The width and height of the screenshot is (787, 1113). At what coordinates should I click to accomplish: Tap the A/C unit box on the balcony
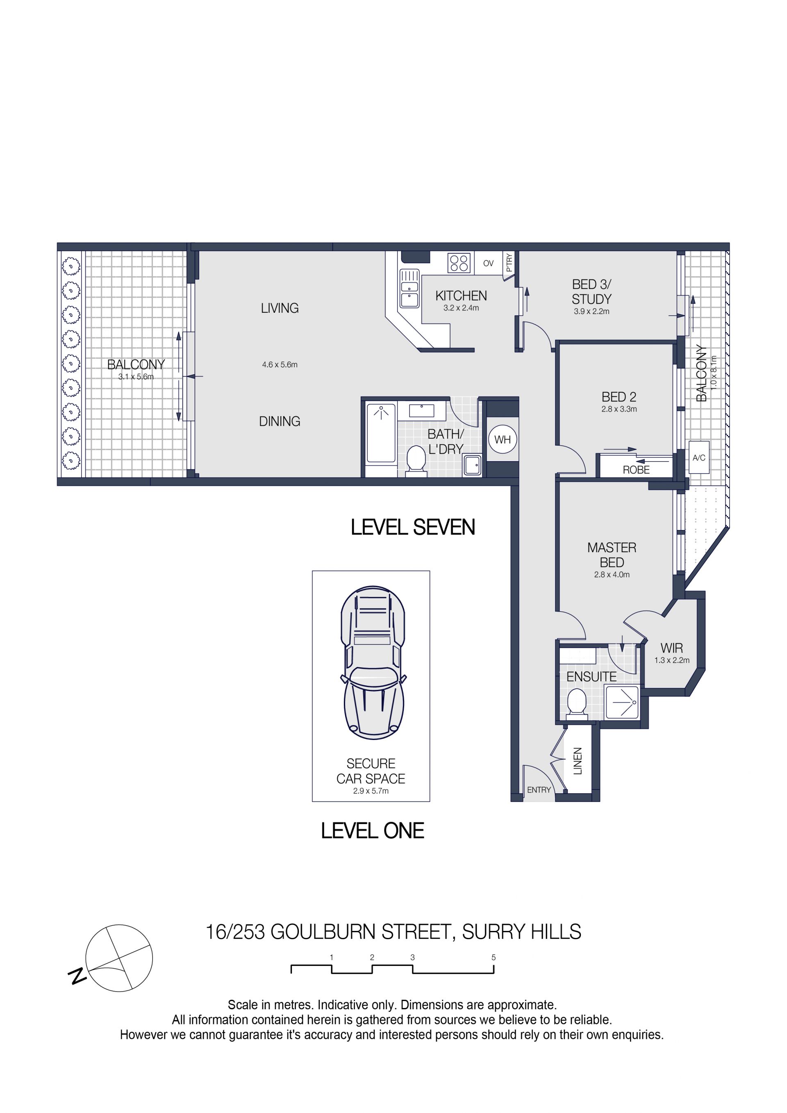(699, 457)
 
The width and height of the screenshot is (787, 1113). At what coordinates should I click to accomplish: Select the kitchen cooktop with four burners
(459, 263)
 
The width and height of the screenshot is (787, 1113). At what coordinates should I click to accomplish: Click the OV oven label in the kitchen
(489, 263)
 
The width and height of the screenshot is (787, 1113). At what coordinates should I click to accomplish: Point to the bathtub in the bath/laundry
(381, 433)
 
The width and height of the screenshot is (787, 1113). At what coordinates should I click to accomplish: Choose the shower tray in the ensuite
(622, 702)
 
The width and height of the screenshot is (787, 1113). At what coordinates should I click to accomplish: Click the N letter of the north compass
(77, 977)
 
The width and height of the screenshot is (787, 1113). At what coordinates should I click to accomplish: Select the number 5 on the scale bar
(494, 957)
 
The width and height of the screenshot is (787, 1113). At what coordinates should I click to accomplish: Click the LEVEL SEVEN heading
(413, 528)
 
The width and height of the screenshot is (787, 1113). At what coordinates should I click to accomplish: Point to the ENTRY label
(539, 790)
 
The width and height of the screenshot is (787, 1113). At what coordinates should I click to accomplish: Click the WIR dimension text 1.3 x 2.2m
(672, 660)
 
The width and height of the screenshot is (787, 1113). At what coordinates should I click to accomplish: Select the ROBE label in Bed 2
(636, 470)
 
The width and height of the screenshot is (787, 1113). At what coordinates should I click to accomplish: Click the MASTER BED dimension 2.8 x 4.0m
(612, 574)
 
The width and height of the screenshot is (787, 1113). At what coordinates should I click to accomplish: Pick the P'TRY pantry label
(509, 263)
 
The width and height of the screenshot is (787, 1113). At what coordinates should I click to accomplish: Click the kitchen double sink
(409, 289)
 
